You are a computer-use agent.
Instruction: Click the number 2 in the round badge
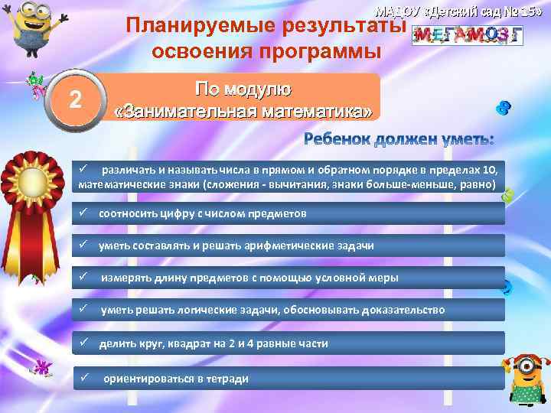74,99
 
